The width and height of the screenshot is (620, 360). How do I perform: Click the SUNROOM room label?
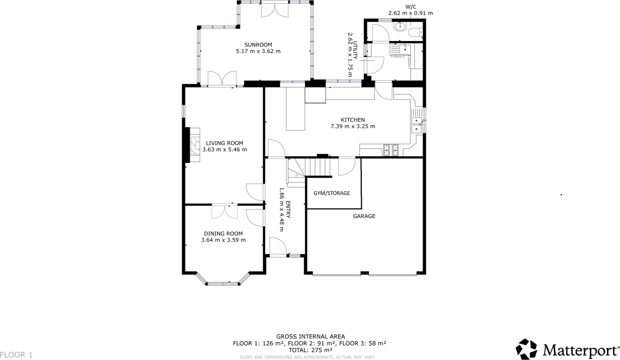258,45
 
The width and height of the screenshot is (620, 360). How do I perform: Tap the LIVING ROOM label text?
224,143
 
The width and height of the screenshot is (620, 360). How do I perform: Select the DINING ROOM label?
223,234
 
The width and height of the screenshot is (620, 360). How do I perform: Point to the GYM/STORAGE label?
332,193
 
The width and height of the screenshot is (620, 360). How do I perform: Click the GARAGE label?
364,216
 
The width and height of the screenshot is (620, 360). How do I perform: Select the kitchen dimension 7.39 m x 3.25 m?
353,127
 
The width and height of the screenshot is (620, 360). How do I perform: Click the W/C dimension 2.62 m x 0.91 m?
410,13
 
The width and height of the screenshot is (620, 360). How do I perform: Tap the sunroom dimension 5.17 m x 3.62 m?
258,51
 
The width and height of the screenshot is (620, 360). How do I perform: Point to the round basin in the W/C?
400,27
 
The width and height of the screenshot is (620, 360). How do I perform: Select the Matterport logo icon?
527,349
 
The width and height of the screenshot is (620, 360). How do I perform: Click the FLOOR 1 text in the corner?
17,355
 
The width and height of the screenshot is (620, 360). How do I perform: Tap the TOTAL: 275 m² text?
310,350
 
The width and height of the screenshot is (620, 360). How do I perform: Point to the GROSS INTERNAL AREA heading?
310,337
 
